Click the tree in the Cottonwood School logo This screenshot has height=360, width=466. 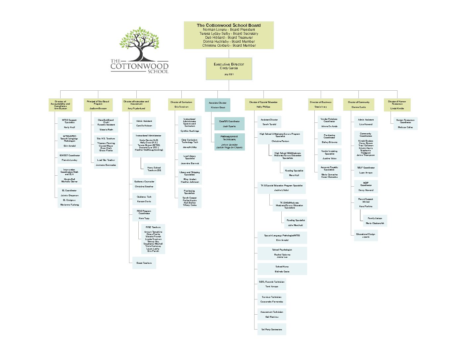point(140,43)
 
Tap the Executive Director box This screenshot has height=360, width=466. point(229,69)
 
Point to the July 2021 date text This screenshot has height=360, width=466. point(229,74)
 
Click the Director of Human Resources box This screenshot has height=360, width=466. point(397,105)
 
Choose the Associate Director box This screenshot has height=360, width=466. point(217,105)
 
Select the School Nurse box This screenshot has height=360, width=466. point(282,269)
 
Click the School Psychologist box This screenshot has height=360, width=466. point(282,253)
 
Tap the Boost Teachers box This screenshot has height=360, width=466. point(144,263)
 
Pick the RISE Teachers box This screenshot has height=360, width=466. point(153,239)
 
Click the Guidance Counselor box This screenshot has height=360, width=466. point(144,184)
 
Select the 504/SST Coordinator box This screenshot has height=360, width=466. point(70,157)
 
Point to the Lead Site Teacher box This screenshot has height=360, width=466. point(106,162)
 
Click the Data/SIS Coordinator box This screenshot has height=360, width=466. point(229,124)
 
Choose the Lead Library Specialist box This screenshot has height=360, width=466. point(190,159)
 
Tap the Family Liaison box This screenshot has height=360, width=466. point(375,221)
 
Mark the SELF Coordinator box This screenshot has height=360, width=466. point(366,170)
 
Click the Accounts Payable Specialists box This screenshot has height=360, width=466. point(329,172)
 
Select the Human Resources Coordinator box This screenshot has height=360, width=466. point(405,123)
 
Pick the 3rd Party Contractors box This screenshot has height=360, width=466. point(271,329)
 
